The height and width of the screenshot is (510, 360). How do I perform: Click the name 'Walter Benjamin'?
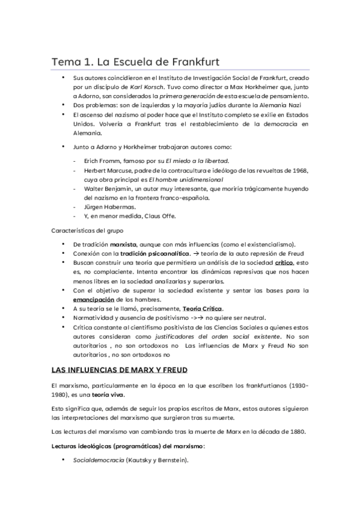click(106, 189)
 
